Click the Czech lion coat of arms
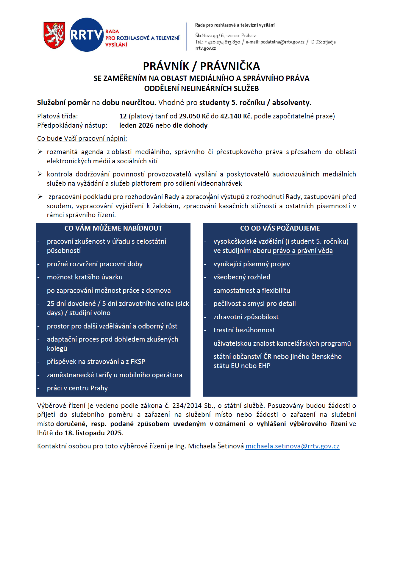(x=54, y=35)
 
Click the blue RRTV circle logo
(x=86, y=35)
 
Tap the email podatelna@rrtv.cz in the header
(x=282, y=42)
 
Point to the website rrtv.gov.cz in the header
(x=205, y=48)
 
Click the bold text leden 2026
(x=136, y=125)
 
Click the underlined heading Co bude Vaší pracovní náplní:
(x=82, y=138)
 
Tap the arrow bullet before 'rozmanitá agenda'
(x=40, y=152)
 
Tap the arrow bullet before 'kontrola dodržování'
(x=40, y=174)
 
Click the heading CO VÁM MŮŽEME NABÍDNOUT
(x=113, y=228)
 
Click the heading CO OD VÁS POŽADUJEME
(x=280, y=228)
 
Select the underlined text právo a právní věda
(x=303, y=251)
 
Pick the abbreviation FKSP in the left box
(x=138, y=362)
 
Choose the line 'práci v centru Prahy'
(x=77, y=388)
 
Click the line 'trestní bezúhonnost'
(x=244, y=330)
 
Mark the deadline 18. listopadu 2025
(x=93, y=433)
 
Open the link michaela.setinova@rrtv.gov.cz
(x=292, y=446)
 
